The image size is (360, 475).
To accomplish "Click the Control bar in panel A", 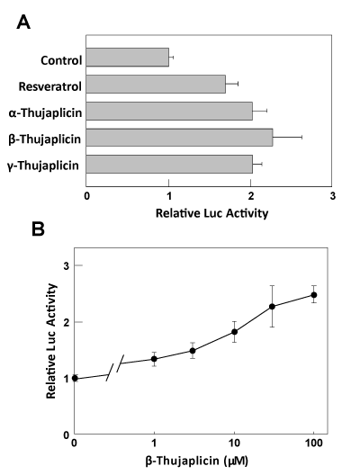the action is tap(128, 57).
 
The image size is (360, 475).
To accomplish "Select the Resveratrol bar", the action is tap(156, 84).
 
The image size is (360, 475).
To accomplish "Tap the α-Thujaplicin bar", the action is tap(169, 111).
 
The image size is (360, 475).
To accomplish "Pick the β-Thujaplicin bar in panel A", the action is tap(179, 138).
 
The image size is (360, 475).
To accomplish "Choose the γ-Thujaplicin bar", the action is tap(169, 165).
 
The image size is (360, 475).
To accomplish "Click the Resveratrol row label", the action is tap(50, 86).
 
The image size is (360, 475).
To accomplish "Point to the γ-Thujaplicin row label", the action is tap(43, 166).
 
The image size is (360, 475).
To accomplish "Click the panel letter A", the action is tap(23, 22).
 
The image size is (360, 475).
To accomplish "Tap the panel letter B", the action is tap(38, 229).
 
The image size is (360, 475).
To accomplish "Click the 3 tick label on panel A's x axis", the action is tap(333, 196).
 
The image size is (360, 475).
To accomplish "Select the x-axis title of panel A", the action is tap(211, 213).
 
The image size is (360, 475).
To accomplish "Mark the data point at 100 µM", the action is tap(314, 295).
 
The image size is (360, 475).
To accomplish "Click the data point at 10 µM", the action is tap(234, 332).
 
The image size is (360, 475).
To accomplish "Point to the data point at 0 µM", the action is tap(75, 378).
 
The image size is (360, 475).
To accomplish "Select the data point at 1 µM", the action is tap(154, 359).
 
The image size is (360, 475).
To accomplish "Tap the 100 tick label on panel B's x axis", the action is tap(313, 444).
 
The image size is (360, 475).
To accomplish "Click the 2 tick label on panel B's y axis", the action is tap(67, 322).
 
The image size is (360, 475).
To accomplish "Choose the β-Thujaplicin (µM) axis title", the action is tap(197, 462).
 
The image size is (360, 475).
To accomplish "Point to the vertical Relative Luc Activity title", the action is tap(51, 341).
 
